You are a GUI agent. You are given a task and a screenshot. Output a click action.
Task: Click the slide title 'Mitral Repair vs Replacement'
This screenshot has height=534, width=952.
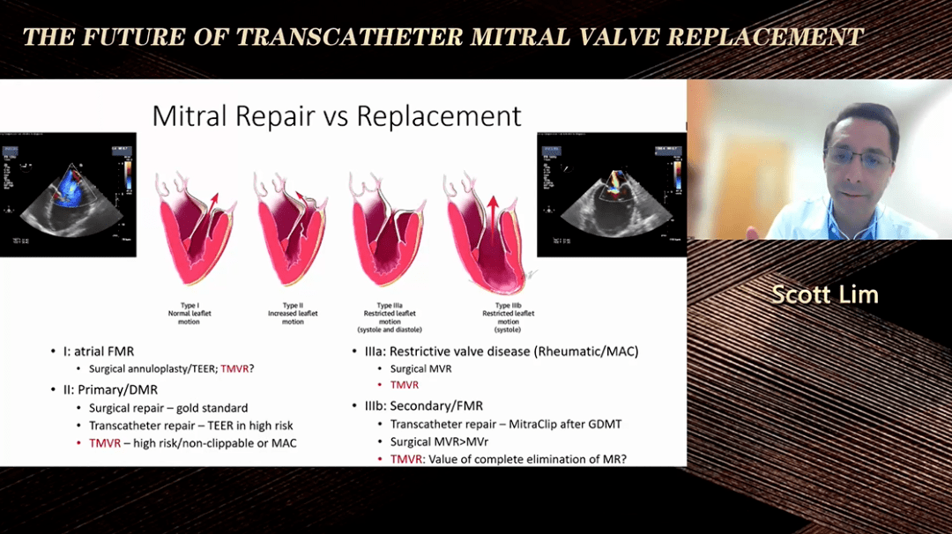pyautogui.click(x=337, y=115)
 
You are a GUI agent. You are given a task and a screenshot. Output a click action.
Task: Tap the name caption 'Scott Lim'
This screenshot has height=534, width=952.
pyautogui.click(x=824, y=294)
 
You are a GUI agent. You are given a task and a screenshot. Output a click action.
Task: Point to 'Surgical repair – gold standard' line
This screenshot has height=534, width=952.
pyautogui.click(x=168, y=408)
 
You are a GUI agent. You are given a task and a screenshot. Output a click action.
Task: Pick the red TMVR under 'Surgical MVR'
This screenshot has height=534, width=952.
pyautogui.click(x=404, y=385)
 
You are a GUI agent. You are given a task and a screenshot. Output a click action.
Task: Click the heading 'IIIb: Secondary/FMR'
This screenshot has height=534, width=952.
pyautogui.click(x=423, y=405)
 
